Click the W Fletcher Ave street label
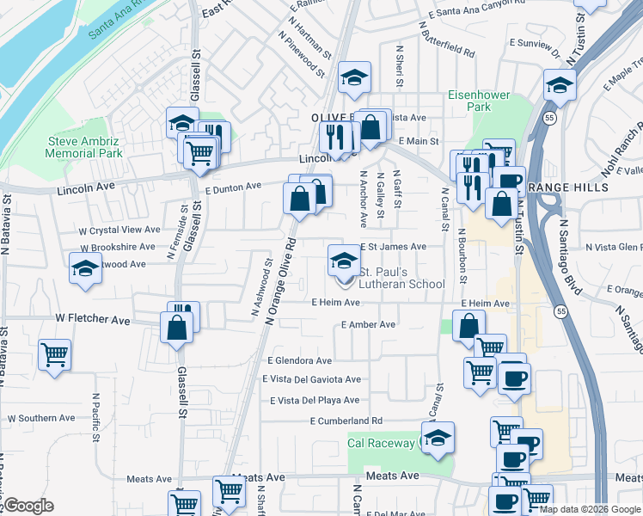92,319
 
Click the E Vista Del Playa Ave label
315,400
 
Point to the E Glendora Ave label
299,361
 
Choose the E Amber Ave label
368,324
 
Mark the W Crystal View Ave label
119,230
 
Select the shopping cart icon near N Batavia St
54,354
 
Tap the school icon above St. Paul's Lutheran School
344,259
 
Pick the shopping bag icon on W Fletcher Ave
177,328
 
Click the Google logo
28,506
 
